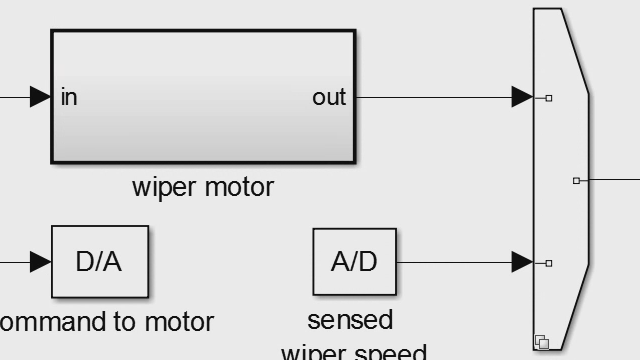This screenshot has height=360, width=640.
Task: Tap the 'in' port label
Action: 69,97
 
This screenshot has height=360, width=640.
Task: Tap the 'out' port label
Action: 328,97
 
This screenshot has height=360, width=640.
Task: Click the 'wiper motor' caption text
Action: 203,187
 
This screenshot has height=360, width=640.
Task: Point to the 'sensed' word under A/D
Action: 350,320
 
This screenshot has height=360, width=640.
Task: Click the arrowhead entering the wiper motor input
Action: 40,97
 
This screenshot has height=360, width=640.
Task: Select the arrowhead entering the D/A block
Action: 40,263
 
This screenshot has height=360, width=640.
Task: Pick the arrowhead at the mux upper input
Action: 521,97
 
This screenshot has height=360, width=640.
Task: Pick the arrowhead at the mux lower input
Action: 521,263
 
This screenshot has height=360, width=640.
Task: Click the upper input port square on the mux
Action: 549,98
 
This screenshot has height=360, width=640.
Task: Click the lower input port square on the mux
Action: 549,263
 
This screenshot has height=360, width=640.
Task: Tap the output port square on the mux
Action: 576,181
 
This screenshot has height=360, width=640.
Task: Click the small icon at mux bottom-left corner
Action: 542,342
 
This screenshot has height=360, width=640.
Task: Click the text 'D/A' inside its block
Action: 99,262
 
